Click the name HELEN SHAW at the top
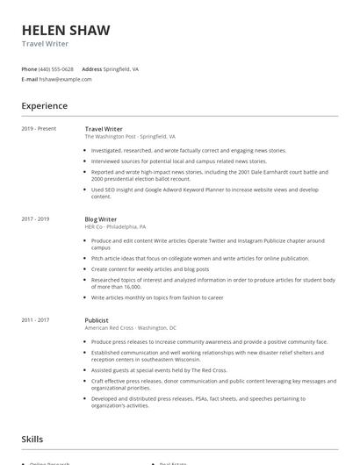coord(66,31)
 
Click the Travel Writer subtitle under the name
coord(45,44)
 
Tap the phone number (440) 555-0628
coord(57,68)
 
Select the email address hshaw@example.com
coord(66,79)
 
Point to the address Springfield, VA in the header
coord(121,68)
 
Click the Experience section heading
coord(44,106)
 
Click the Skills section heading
coord(33,439)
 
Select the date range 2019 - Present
coord(39,129)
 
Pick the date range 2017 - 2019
coord(35,218)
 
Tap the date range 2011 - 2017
coord(35,320)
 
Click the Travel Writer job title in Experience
coord(104,129)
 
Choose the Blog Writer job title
coord(101,218)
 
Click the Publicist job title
coord(97,320)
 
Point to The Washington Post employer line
coord(130,137)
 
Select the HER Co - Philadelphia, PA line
coord(115,226)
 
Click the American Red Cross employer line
coord(131,328)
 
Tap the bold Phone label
coord(29,68)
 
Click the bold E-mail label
coord(30,79)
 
